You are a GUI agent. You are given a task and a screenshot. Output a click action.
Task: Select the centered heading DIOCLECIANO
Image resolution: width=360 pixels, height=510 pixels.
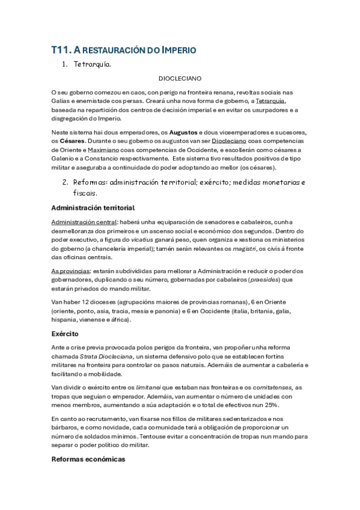tap(180, 79)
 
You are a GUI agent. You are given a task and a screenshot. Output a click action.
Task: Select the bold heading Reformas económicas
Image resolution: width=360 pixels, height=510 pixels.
tap(88, 459)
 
